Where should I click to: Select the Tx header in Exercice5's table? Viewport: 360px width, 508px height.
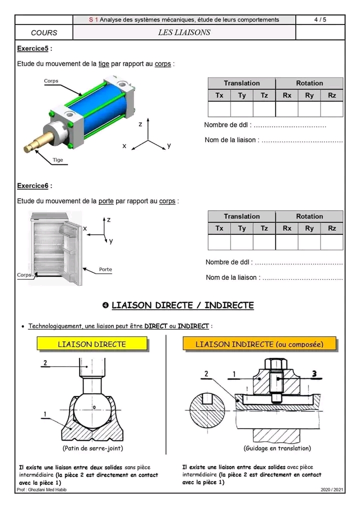(x=219, y=95)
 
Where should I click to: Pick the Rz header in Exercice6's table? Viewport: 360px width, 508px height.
(x=332, y=228)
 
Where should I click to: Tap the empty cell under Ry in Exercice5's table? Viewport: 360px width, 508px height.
(x=309, y=108)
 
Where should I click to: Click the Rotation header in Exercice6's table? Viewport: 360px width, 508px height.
(x=309, y=216)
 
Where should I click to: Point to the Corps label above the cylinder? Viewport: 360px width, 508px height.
(x=51, y=81)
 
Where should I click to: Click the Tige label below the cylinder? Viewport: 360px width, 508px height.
(x=58, y=160)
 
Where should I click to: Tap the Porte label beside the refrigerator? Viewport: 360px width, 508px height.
(x=105, y=269)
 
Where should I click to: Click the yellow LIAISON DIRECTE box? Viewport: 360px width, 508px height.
(x=92, y=344)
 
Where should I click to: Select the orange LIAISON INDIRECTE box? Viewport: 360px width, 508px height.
(x=259, y=344)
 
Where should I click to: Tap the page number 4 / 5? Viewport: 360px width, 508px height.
(x=320, y=19)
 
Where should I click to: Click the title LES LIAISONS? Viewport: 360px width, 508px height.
(x=184, y=32)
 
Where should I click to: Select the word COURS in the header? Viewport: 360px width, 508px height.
(x=44, y=33)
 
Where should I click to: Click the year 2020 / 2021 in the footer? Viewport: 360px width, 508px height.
(x=332, y=490)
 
